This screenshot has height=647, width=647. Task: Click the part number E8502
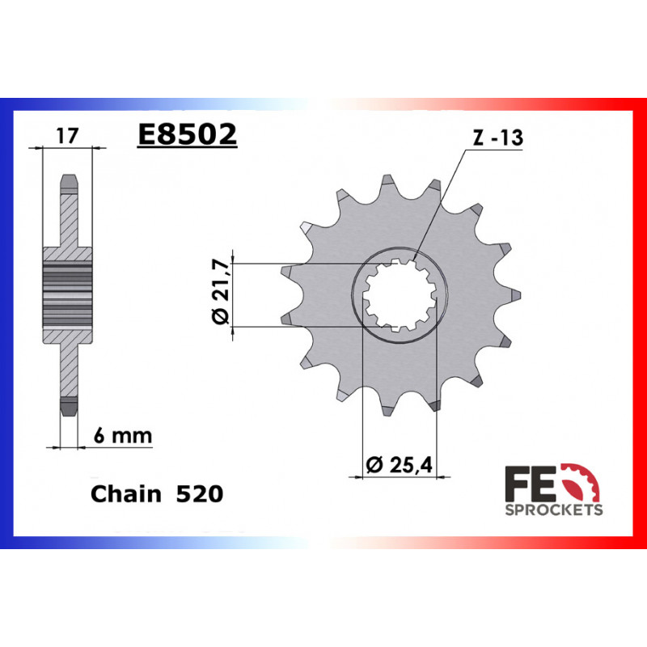pos(187,134)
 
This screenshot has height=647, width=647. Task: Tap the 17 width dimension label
pos(68,136)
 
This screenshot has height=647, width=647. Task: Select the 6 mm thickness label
pos(123,435)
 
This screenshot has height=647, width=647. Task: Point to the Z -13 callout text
pos(497,138)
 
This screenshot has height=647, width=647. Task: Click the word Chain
pos(127,493)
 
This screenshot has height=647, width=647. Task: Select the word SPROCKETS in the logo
pos(553,510)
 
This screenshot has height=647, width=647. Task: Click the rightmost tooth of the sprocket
pos(513,295)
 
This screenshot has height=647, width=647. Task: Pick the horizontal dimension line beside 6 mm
pos(70,446)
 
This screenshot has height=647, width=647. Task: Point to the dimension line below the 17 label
pos(68,148)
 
